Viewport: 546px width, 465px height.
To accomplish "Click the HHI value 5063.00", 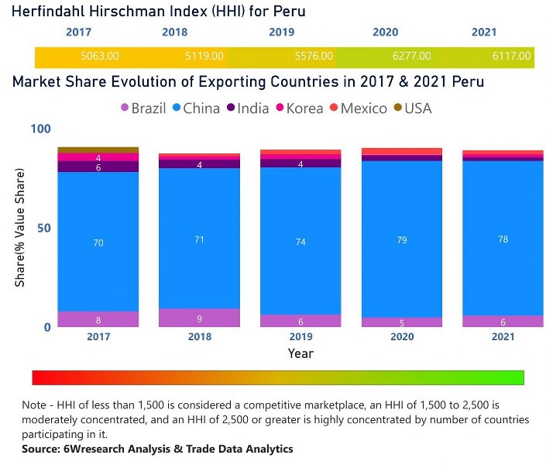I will [100, 57].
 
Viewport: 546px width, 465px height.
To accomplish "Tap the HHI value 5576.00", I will [314, 57].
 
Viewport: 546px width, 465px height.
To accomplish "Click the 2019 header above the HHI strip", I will [281, 33].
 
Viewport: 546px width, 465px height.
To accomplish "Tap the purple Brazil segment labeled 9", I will [199, 318].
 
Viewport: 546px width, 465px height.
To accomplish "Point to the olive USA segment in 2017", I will [98, 150].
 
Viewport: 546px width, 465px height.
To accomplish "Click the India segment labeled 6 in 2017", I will [98, 167].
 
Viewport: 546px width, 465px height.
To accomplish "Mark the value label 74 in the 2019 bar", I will [300, 242].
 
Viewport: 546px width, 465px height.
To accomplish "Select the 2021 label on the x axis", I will [503, 338].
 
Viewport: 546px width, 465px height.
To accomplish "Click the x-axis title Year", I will [300, 353].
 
